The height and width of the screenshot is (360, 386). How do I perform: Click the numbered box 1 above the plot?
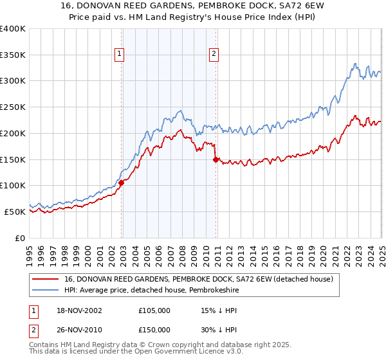pos(120,55)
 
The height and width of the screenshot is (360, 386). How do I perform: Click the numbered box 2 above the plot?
pos(214,55)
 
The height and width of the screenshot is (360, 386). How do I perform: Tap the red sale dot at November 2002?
pos(121,183)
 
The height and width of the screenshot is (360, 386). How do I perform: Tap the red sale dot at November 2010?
pos(216,159)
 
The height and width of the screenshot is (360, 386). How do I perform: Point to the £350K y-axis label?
pos(13,55)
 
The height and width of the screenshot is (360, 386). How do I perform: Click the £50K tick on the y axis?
pos(15,212)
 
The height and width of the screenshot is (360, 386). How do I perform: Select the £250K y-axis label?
pos(13,107)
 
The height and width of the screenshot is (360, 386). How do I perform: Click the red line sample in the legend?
pos(45,279)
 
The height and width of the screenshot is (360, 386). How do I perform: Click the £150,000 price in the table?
pos(154,329)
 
